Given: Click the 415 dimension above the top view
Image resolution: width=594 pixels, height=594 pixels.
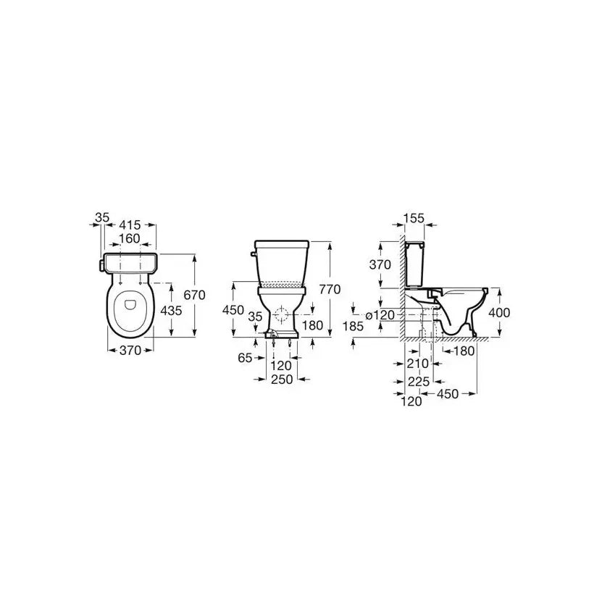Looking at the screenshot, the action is [130, 225].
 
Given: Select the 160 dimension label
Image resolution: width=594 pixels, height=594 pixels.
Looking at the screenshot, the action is [129, 238].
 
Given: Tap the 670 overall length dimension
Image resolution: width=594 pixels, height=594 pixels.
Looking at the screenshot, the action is [194, 295].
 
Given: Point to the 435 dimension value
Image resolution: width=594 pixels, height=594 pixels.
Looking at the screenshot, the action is [171, 311].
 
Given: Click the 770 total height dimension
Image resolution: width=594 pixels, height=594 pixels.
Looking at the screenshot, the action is [330, 290].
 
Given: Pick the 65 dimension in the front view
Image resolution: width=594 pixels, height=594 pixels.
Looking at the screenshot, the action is [245, 358].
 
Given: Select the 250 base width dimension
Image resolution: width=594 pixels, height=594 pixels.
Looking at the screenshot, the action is [282, 379].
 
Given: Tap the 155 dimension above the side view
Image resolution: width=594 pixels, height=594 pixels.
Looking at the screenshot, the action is [414, 219].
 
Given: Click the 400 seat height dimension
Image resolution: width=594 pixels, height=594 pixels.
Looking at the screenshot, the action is [499, 313].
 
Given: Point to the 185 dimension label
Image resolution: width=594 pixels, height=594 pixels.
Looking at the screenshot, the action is [353, 326].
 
